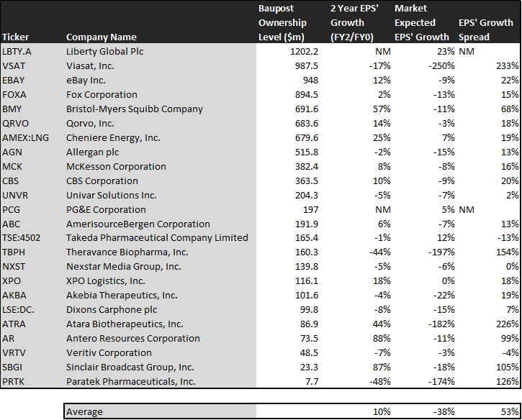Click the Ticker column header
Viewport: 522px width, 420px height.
tap(15, 37)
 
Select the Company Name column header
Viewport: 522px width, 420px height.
tap(102, 37)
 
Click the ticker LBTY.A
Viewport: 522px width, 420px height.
tap(17, 52)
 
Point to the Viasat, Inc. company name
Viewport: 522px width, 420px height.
tap(90, 66)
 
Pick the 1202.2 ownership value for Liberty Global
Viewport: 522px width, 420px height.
tap(304, 52)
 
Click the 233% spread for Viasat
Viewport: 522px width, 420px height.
tap(507, 66)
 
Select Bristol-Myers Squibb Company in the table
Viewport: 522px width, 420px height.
tap(135, 109)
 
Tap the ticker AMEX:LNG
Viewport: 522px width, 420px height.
tap(26, 137)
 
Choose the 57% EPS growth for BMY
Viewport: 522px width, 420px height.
tap(382, 109)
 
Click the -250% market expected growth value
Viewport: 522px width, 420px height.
tap(441, 66)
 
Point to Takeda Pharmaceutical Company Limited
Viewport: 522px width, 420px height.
tap(157, 238)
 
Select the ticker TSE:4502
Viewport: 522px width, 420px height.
tap(22, 238)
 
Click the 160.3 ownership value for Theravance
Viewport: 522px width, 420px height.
tap(307, 252)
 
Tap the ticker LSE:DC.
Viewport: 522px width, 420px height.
tap(18, 309)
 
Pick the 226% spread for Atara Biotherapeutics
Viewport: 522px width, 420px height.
tap(508, 324)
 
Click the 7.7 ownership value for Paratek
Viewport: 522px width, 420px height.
tap(312, 381)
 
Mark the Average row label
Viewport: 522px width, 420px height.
tap(84, 411)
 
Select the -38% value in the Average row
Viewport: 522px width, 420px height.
tap(444, 411)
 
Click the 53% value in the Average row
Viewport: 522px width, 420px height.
tap(510, 411)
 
